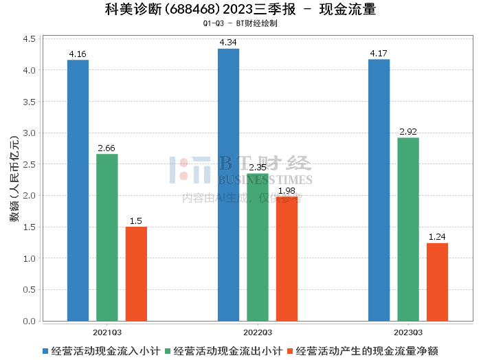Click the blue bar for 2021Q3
click(78, 190)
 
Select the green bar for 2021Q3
click(107, 237)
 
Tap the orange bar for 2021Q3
click(136, 274)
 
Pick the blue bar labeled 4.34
click(229, 185)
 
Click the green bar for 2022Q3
click(258, 247)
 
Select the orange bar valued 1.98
click(287, 259)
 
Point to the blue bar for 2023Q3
click(379, 190)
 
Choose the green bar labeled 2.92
click(408, 229)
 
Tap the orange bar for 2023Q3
click(438, 282)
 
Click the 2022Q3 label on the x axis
click(258, 333)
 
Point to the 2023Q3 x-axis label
click(408, 333)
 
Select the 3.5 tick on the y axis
click(29, 102)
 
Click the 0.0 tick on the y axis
click(29, 322)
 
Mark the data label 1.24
click(437, 237)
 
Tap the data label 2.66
click(107, 148)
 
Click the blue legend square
click(45, 351)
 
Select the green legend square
click(168, 351)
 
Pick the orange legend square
click(290, 351)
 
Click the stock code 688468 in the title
click(192, 10)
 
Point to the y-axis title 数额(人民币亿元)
click(14, 179)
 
